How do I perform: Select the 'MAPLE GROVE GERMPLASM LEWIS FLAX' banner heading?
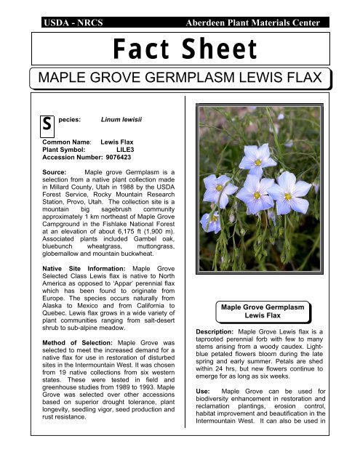pyautogui.click(x=180, y=78)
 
